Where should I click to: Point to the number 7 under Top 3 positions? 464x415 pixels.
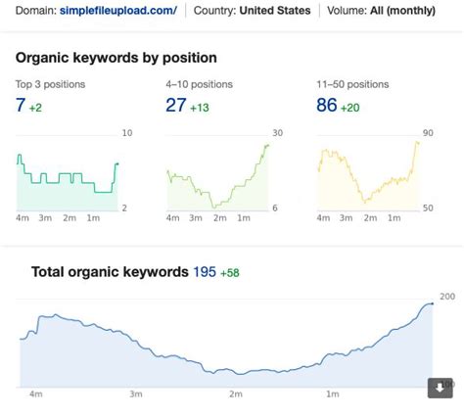pyautogui.click(x=21, y=105)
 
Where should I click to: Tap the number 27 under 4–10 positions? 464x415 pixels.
pyautogui.click(x=176, y=105)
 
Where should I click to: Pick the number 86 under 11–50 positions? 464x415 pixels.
pyautogui.click(x=327, y=105)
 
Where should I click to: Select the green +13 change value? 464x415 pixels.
pyautogui.click(x=201, y=107)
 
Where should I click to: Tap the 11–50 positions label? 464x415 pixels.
pyautogui.click(x=354, y=83)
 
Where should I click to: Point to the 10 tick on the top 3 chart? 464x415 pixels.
pyautogui.click(x=126, y=133)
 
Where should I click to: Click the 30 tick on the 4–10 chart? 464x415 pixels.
pyautogui.click(x=277, y=133)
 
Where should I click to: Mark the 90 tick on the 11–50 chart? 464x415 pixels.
pyautogui.click(x=428, y=133)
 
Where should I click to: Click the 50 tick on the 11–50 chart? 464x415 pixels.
pyautogui.click(x=428, y=207)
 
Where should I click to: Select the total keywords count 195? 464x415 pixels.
pyautogui.click(x=205, y=272)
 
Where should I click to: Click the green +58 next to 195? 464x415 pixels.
pyautogui.click(x=230, y=273)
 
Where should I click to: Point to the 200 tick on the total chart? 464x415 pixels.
pyautogui.click(x=446, y=297)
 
